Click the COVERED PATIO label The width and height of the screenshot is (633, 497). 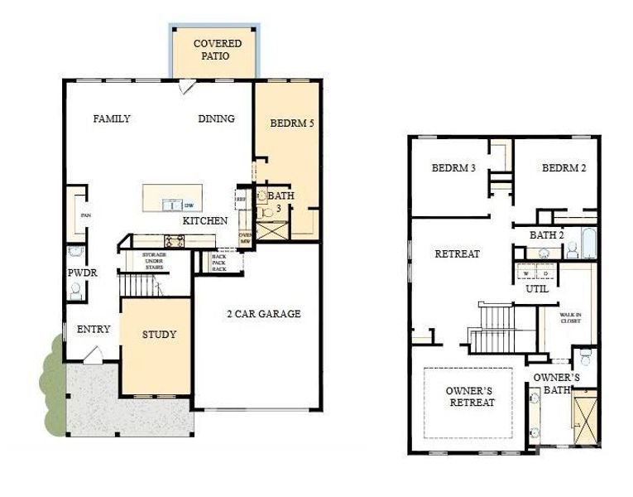(x=217, y=50)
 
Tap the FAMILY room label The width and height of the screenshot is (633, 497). (x=111, y=119)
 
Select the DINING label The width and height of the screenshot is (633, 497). (x=216, y=119)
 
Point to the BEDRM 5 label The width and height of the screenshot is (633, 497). (x=292, y=123)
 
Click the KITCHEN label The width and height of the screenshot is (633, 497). (x=204, y=221)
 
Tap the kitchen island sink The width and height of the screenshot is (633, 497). (x=171, y=205)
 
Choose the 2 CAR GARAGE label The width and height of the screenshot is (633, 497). (x=263, y=314)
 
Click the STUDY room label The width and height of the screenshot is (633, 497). (x=159, y=335)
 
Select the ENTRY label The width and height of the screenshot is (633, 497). (x=93, y=330)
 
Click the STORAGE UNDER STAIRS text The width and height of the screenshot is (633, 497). (x=154, y=261)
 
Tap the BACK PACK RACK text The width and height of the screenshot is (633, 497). (x=219, y=263)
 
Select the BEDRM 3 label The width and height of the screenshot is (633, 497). (x=453, y=168)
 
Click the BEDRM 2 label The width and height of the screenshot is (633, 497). (x=563, y=168)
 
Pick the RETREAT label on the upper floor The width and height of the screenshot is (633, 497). (x=457, y=254)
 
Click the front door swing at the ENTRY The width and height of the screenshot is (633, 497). (x=93, y=355)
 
